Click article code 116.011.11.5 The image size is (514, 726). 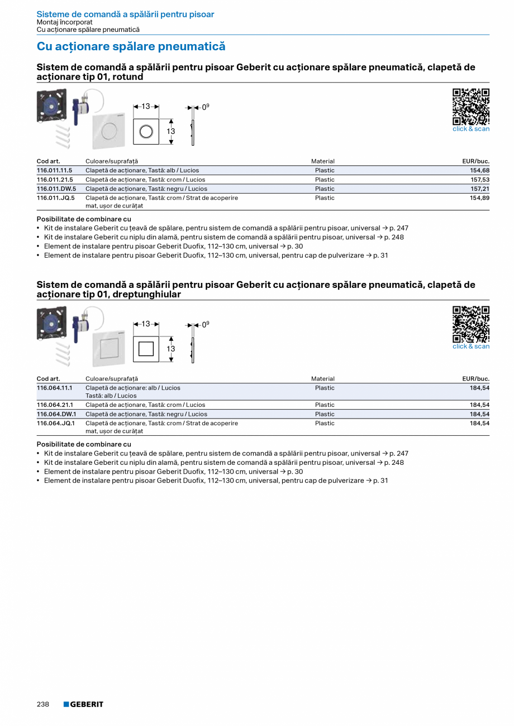[55, 170]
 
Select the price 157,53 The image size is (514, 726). [479, 180]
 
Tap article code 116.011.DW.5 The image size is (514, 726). [56, 189]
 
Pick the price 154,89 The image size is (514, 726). [479, 198]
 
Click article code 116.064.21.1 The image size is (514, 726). [55, 405]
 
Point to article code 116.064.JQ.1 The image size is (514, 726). [55, 424]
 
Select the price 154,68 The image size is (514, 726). [479, 170]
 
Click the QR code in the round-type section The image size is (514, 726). [470, 107]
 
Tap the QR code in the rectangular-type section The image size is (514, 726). [470, 324]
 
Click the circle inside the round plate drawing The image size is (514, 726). [146, 132]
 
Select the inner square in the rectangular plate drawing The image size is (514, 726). [146, 349]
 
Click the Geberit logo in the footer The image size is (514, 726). [83, 704]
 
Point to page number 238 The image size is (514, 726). [43, 704]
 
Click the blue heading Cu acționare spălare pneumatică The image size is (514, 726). [131, 46]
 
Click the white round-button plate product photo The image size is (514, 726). [109, 132]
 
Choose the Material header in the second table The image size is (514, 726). [323, 379]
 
